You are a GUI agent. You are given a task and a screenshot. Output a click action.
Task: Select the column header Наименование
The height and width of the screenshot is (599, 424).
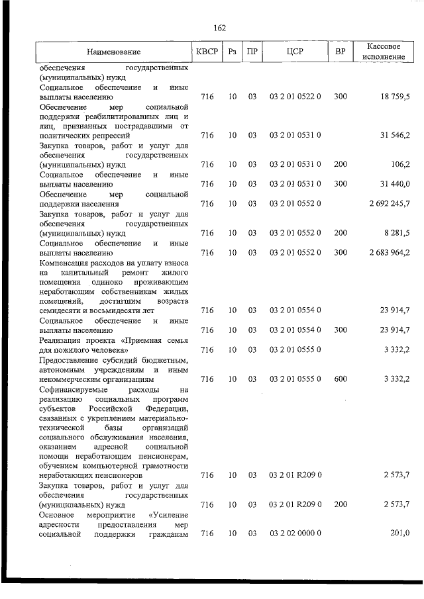[x=113, y=52]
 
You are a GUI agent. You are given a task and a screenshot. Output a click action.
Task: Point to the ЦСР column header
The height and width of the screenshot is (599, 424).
[x=295, y=51]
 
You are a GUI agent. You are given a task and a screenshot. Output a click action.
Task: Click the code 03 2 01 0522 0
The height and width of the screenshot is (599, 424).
[x=295, y=97]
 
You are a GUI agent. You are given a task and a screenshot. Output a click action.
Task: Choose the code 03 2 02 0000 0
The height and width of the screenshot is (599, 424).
[x=295, y=533]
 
